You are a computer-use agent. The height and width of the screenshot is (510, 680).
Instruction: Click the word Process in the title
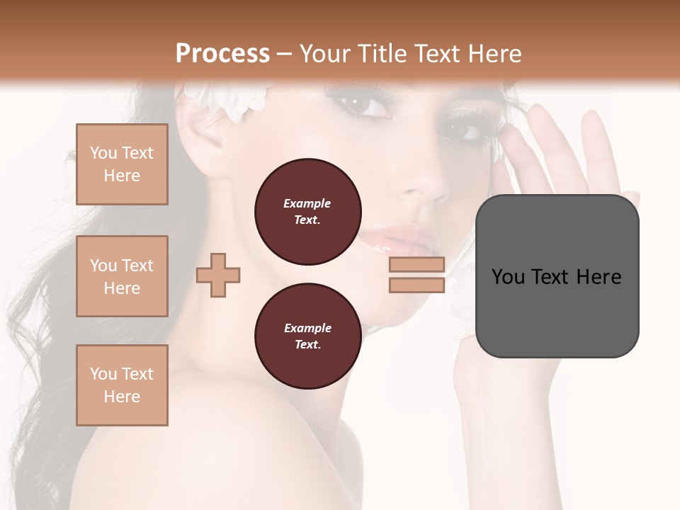click(x=222, y=54)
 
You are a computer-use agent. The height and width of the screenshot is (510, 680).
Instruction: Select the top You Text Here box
click(x=122, y=164)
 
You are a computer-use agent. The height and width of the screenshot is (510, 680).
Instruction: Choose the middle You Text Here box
click(x=122, y=276)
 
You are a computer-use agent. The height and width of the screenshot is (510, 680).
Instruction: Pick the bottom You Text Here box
click(x=122, y=385)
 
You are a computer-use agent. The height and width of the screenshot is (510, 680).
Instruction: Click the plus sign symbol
click(x=218, y=275)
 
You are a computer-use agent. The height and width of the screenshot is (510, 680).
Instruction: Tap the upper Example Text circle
click(x=307, y=212)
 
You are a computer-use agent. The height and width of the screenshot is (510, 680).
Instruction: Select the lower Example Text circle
click(x=307, y=336)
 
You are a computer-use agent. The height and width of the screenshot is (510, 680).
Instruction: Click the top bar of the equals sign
click(x=416, y=265)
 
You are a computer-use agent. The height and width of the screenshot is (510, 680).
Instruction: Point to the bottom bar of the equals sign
click(x=416, y=285)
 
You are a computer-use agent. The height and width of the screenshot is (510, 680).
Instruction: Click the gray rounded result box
click(x=557, y=276)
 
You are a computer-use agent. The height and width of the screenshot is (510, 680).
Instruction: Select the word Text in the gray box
click(x=555, y=277)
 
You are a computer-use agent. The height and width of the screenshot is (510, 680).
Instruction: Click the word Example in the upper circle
click(x=307, y=203)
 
